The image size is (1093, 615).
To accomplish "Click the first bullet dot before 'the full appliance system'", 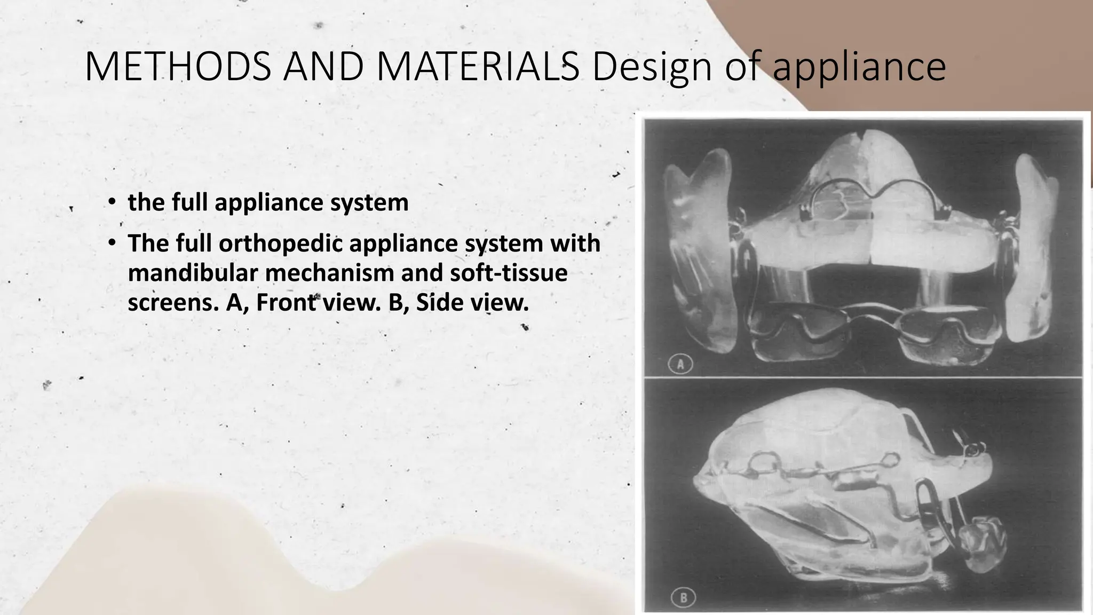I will pyautogui.click(x=111, y=202).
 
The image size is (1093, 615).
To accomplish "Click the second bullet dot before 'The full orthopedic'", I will pyautogui.click(x=111, y=243).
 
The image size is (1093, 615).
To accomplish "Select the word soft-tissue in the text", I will pyautogui.click(x=509, y=273).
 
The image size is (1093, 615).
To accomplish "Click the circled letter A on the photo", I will pyautogui.click(x=680, y=365).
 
